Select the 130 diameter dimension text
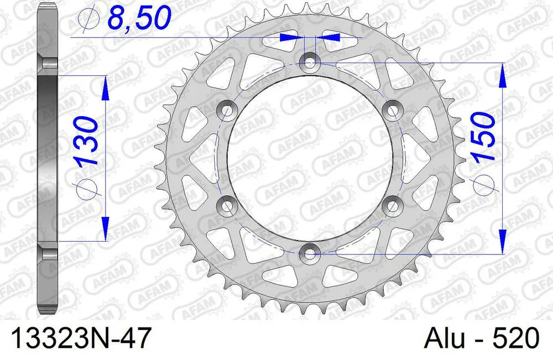(x=88, y=142)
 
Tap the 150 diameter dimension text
(x=482, y=138)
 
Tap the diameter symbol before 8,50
(x=88, y=20)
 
